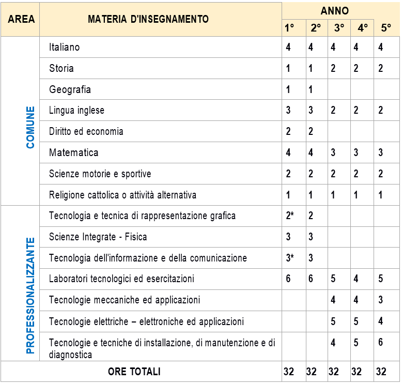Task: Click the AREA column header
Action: coord(21,19)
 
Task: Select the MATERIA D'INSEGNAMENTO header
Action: coord(148,19)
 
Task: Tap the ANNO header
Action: coord(334,11)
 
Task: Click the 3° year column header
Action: coord(339,28)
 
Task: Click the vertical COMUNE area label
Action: coord(30,127)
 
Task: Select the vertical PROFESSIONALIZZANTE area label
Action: coord(30,296)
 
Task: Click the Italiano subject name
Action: coord(65,47)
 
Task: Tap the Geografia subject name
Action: coord(70,89)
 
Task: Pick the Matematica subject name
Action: coord(74,153)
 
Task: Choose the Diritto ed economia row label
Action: coord(86,131)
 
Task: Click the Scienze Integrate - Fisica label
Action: coord(98,237)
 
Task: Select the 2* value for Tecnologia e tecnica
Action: coord(290,216)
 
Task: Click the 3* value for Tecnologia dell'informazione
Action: coord(290,258)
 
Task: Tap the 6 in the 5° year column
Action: coord(381,342)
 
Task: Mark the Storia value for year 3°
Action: coord(333,68)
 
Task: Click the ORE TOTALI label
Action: coord(134,372)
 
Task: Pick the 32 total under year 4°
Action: coord(357,372)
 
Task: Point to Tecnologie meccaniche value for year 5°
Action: coord(381,300)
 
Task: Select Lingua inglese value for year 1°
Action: coord(288,111)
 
